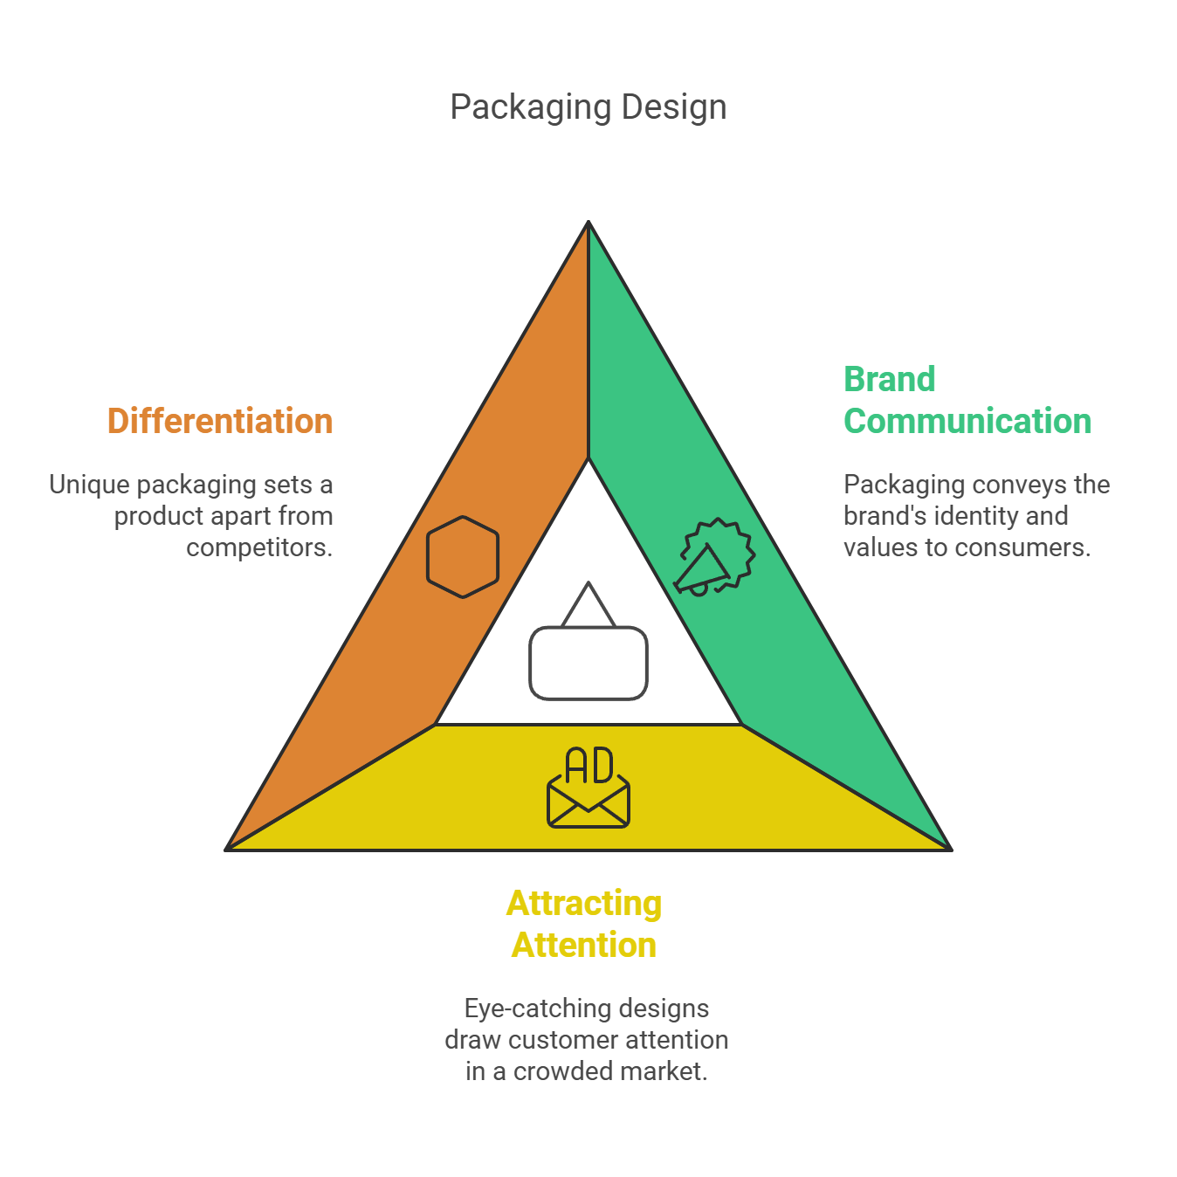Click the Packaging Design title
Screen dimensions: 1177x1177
[x=588, y=107]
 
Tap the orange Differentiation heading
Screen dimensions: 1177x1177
[x=220, y=421]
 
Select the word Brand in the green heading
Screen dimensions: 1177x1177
[x=889, y=380]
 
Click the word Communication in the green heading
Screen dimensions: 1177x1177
[x=967, y=421]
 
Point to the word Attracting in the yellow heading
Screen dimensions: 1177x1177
[x=584, y=904]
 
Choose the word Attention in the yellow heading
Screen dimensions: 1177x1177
[x=584, y=946]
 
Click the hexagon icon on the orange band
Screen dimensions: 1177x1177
[x=463, y=557]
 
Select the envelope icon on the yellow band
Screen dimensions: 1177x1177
[x=588, y=803]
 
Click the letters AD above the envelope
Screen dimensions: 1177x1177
[x=589, y=766]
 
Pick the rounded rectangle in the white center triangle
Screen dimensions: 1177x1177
[x=588, y=664]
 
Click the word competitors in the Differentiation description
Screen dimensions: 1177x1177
[x=258, y=547]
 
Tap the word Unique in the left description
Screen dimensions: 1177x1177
[x=89, y=485]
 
